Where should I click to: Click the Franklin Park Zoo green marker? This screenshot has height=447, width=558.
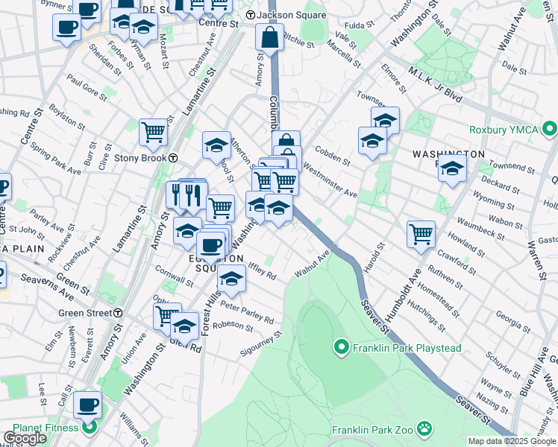point(424,428)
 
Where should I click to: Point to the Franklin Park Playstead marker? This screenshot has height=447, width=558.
point(342,347)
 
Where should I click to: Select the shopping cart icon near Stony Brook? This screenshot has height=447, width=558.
point(153,132)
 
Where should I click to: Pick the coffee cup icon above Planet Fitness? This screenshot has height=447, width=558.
point(87,405)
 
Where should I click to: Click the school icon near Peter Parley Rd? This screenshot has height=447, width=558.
point(231,279)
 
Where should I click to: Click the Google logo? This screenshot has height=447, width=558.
point(25,438)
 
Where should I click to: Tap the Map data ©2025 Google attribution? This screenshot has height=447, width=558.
point(512,441)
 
